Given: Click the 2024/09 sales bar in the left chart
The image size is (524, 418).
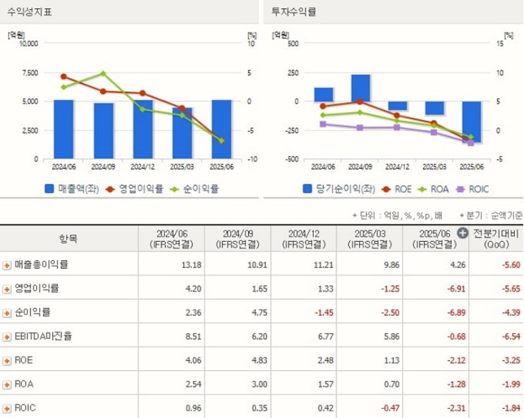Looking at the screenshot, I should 104,131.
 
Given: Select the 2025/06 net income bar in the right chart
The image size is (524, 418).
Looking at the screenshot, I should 472,121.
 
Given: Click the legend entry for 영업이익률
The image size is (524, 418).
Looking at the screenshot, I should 135,189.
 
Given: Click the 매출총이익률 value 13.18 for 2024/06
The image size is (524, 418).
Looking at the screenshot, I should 181,265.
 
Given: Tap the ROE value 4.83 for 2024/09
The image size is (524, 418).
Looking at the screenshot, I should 248,360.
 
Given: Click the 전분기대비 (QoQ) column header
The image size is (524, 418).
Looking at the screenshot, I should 496,238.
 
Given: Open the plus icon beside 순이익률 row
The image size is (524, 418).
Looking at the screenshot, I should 7,312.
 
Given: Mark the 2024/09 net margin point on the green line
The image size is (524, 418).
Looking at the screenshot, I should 103,73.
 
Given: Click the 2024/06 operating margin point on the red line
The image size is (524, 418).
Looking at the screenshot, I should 63,76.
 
